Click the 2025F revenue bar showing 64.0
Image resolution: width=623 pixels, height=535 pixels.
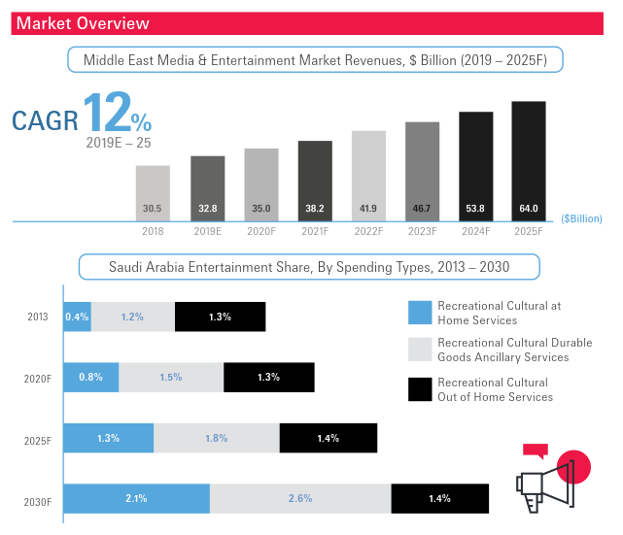pyautogui.click(x=529, y=160)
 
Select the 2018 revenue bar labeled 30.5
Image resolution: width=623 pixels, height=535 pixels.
pyautogui.click(x=153, y=192)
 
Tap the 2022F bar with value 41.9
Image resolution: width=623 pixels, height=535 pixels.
pyautogui.click(x=368, y=175)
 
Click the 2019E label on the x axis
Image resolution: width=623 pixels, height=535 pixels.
pyautogui.click(x=207, y=232)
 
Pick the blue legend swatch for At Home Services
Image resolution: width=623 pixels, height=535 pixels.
pyautogui.click(x=419, y=311)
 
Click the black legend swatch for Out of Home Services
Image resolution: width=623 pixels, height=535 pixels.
pyautogui.click(x=419, y=387)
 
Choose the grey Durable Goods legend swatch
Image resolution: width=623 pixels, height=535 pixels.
pyautogui.click(x=419, y=349)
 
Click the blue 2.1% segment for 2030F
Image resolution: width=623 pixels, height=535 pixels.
pyautogui.click(x=136, y=498)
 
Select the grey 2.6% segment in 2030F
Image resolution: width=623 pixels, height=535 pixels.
pyautogui.click(x=300, y=498)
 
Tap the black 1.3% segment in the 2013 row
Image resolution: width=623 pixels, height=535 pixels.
pyautogui.click(x=220, y=317)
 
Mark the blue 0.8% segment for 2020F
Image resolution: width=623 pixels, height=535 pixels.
pyautogui.click(x=91, y=378)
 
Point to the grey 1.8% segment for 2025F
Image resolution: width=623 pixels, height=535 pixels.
pyautogui.click(x=216, y=438)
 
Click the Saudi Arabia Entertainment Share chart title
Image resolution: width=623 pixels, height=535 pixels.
pyautogui.click(x=309, y=266)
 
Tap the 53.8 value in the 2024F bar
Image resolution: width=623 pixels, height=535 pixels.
pyautogui.click(x=475, y=208)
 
